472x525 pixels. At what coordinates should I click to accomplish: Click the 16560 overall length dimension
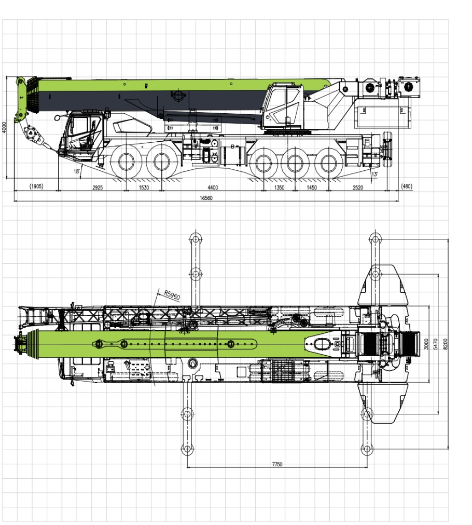(206, 198)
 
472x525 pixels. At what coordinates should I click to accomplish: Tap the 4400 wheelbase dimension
(213, 187)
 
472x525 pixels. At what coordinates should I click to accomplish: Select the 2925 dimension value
(98, 187)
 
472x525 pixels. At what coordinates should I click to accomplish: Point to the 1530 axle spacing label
(144, 187)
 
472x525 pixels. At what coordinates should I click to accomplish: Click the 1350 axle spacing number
(280, 187)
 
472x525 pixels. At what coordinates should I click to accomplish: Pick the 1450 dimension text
(311, 187)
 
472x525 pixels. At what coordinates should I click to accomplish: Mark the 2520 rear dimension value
(358, 187)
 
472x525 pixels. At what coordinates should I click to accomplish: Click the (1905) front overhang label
(36, 186)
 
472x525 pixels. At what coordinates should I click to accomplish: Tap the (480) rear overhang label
(407, 186)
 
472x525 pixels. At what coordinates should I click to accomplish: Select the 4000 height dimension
(4, 127)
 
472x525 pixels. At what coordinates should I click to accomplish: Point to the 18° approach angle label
(77, 171)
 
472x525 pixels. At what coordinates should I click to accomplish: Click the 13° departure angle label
(374, 174)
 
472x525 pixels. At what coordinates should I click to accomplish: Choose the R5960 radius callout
(172, 295)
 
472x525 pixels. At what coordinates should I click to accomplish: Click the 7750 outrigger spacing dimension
(277, 464)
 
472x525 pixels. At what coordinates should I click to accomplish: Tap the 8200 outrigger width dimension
(445, 344)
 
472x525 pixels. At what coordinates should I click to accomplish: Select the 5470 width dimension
(436, 344)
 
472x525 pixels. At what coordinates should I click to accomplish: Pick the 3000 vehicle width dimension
(426, 344)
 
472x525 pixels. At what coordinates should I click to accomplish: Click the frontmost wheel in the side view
(126, 162)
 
